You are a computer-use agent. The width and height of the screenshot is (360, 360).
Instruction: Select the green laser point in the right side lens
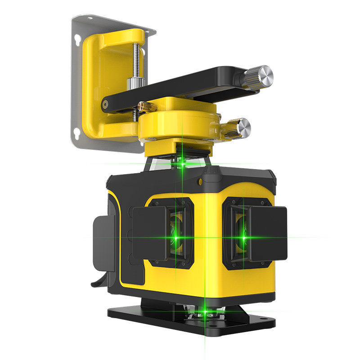point(244,234)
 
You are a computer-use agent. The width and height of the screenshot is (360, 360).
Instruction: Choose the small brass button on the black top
point(200,181)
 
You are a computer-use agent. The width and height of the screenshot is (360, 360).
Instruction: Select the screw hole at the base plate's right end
point(270,323)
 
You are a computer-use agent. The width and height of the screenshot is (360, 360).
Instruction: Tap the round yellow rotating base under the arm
point(180,126)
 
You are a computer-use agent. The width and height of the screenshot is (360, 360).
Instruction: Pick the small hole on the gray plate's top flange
point(90,19)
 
